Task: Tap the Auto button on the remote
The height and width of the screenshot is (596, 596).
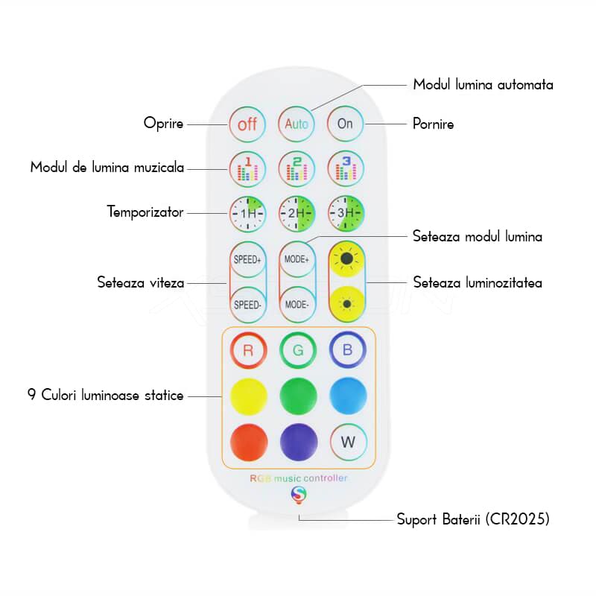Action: pyautogui.click(x=297, y=124)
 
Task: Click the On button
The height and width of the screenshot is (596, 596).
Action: pyautogui.click(x=346, y=124)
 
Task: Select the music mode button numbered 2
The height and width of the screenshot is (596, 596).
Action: pyautogui.click(x=297, y=169)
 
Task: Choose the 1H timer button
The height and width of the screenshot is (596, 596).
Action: pyautogui.click(x=247, y=214)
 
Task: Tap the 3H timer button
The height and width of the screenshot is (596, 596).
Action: pyautogui.click(x=346, y=214)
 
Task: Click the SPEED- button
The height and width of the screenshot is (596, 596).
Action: pyautogui.click(x=247, y=305)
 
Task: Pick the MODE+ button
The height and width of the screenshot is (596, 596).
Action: pyautogui.click(x=297, y=260)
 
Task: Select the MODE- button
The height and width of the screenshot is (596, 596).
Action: pyautogui.click(x=297, y=305)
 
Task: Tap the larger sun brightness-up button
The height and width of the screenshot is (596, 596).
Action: pyautogui.click(x=346, y=260)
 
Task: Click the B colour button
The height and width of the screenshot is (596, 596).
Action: pyautogui.click(x=348, y=350)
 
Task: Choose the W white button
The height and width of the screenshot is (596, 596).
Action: pyautogui.click(x=348, y=441)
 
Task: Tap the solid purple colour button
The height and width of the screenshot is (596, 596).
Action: pyautogui.click(x=298, y=441)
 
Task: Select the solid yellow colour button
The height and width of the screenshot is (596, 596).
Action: pyautogui.click(x=249, y=396)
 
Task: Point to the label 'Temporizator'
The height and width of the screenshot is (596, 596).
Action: pyautogui.click(x=145, y=212)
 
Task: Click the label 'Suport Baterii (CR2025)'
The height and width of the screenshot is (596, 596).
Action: pyautogui.click(x=473, y=519)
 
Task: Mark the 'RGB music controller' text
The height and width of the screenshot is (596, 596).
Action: pyautogui.click(x=298, y=478)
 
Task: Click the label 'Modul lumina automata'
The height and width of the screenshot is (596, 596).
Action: pyautogui.click(x=483, y=85)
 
